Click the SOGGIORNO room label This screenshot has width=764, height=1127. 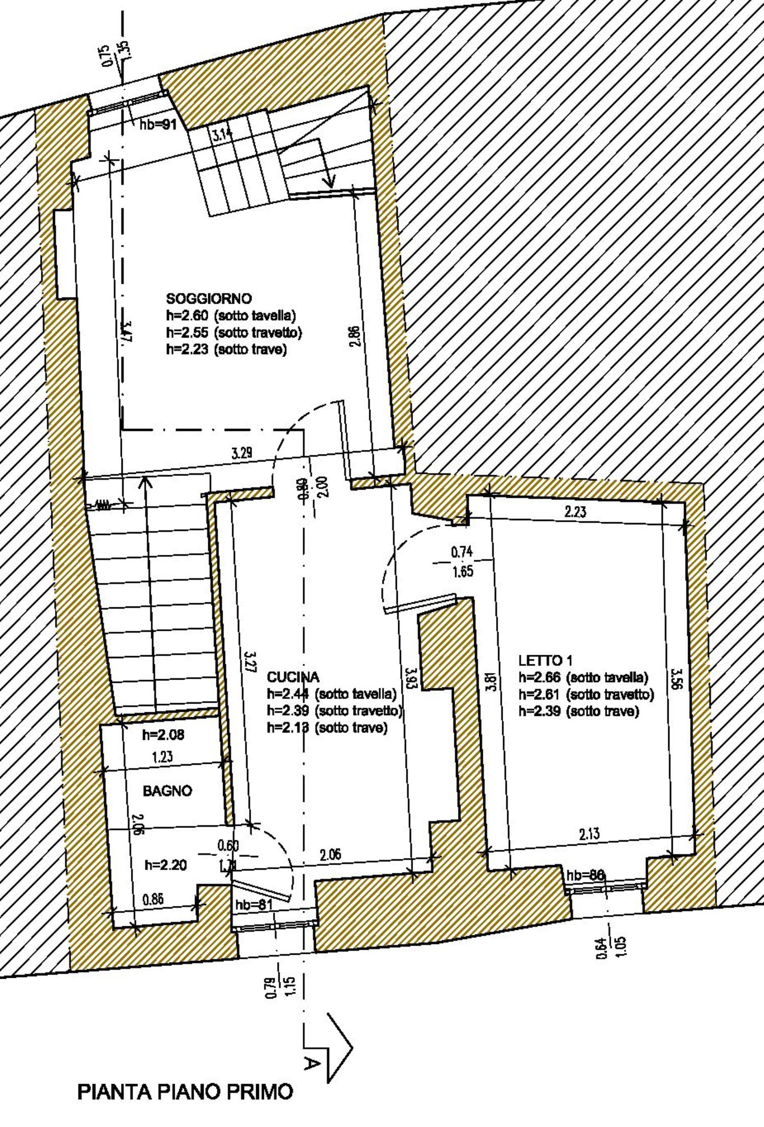(x=209, y=298)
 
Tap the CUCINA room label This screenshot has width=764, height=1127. (x=293, y=677)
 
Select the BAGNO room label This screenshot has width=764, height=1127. (x=167, y=791)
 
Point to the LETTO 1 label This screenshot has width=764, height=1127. (x=545, y=660)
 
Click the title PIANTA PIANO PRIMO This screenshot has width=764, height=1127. (x=185, y=1092)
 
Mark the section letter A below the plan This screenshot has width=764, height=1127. (x=312, y=1062)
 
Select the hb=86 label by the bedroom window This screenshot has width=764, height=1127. (x=585, y=875)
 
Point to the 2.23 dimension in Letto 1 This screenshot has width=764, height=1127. (x=575, y=512)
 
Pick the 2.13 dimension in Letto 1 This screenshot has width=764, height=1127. (x=589, y=834)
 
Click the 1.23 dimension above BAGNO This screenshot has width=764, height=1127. (x=162, y=757)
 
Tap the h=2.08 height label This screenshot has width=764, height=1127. (x=163, y=735)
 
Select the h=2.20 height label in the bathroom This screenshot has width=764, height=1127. (x=166, y=865)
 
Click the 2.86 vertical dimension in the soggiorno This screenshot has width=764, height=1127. (x=356, y=336)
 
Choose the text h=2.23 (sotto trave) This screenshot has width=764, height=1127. (x=226, y=350)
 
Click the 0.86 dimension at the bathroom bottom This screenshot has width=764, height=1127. (x=153, y=899)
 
